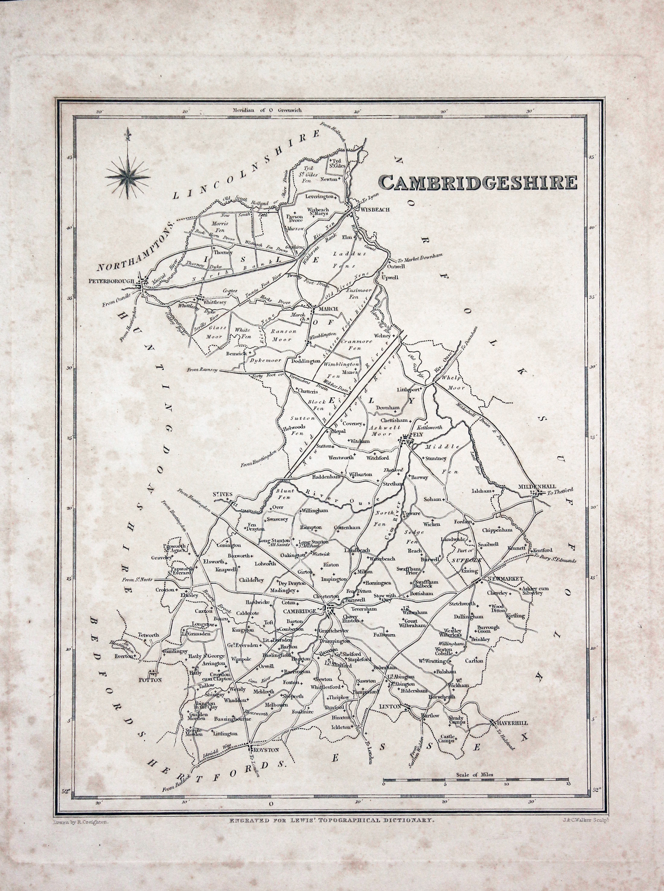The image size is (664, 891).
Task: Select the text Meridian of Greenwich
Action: (267, 110)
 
